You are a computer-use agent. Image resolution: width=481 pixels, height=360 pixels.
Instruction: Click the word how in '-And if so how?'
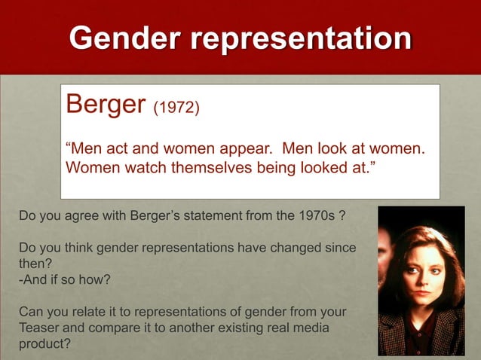[95, 279]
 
